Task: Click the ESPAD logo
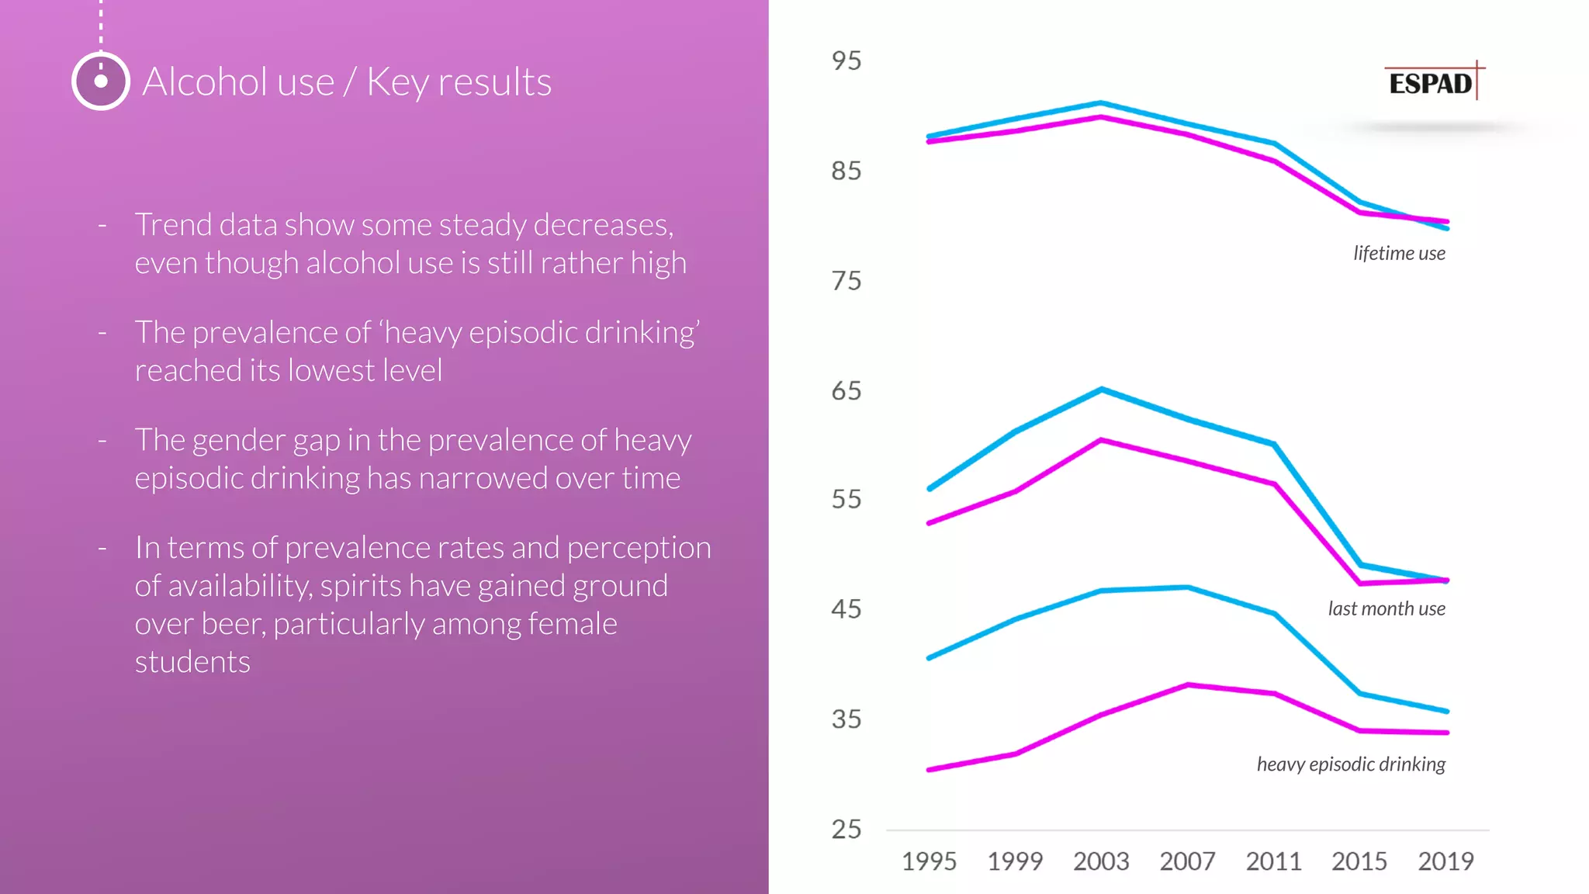(1431, 82)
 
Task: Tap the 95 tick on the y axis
(846, 61)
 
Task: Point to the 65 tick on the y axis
(846, 390)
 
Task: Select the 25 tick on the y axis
(846, 829)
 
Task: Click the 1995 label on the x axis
(929, 861)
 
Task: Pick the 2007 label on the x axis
(1187, 861)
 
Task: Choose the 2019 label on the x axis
(1445, 861)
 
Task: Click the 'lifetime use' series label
(1399, 253)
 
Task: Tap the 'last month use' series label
(1386, 608)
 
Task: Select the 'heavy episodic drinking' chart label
(1351, 764)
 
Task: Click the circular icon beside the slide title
(101, 81)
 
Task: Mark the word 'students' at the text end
(192, 662)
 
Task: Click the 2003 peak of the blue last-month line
(1102, 390)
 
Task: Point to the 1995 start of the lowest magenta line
(930, 769)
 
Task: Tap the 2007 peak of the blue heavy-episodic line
(1188, 587)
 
